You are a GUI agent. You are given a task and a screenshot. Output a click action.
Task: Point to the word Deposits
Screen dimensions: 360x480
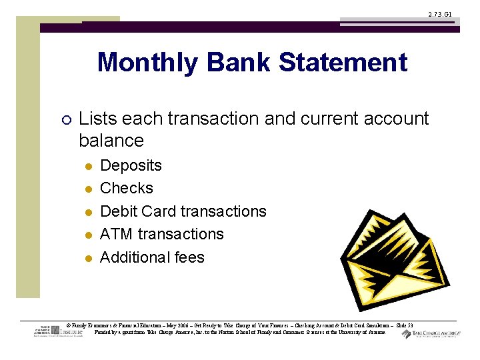(131, 165)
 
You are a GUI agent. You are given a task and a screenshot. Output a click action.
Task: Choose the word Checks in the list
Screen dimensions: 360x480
(127, 188)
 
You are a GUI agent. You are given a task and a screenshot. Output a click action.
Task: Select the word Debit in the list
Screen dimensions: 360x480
(118, 211)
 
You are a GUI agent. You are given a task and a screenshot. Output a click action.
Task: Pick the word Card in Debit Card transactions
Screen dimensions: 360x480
(159, 211)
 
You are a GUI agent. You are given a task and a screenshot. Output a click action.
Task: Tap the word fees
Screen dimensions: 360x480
(190, 257)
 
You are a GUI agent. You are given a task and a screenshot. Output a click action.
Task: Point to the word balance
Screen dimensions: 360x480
(111, 141)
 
